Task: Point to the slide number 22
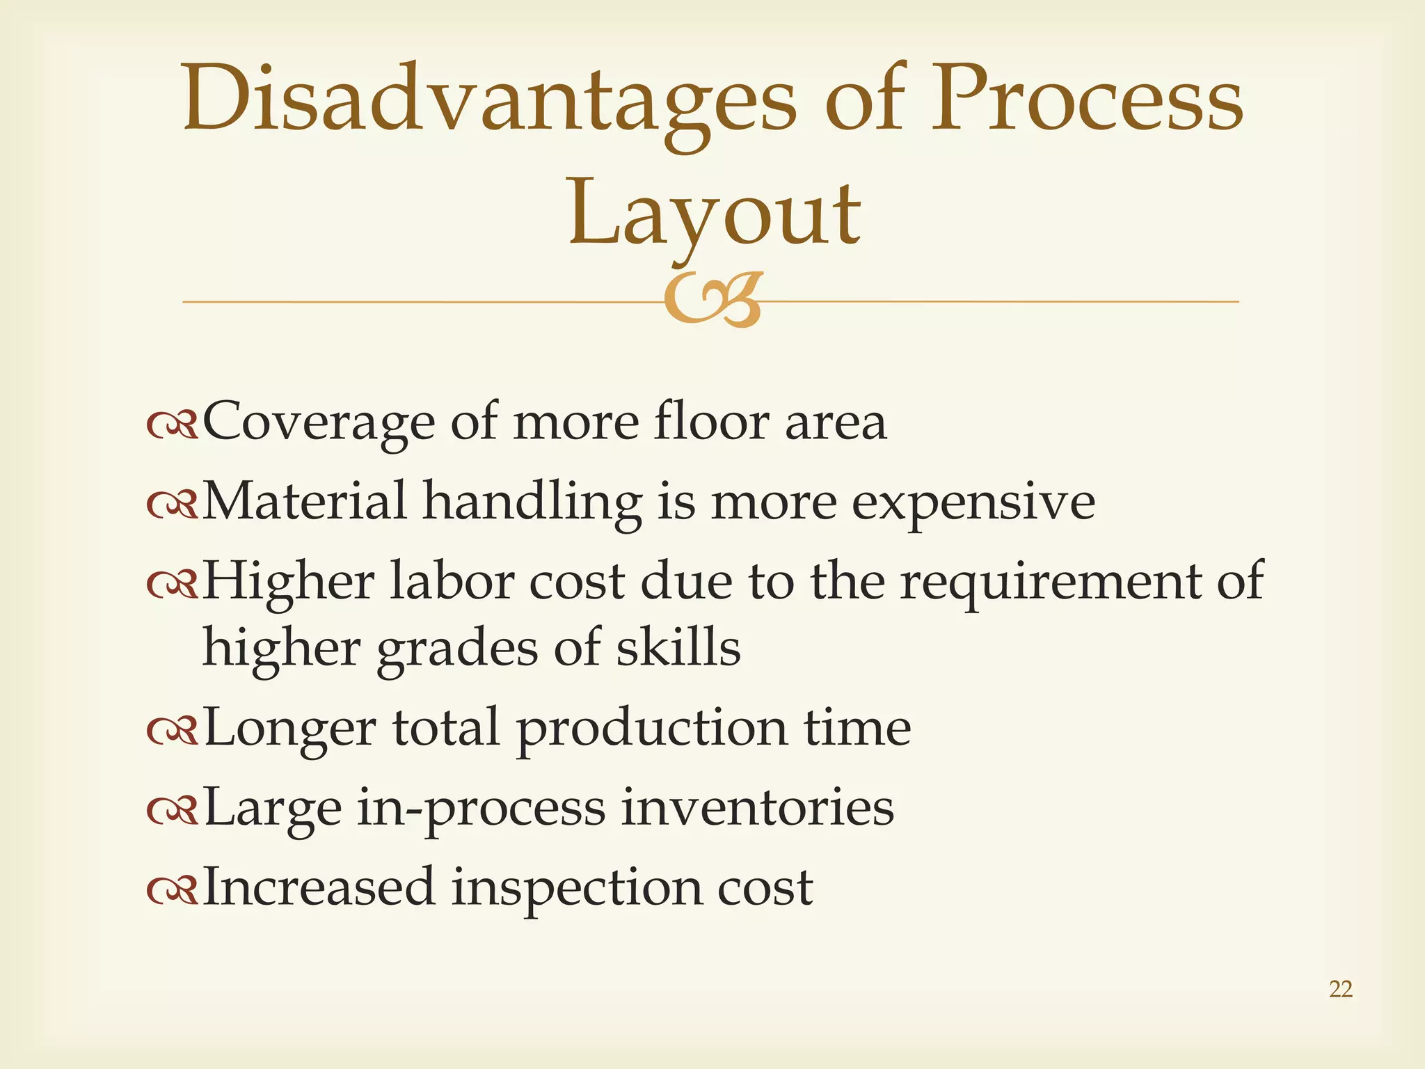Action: [1340, 989]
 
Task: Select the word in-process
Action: [481, 809]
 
